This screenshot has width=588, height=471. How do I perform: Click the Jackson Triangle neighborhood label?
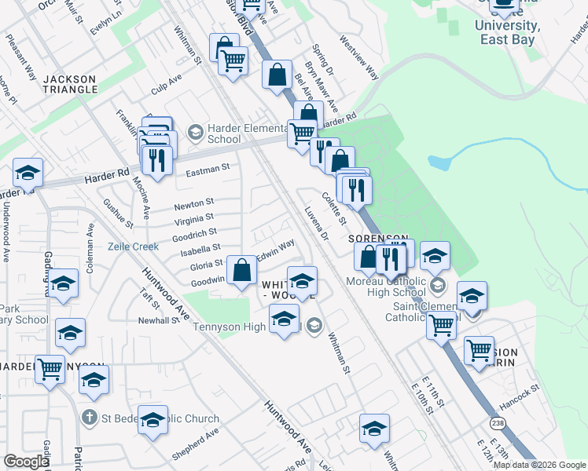coord(70,84)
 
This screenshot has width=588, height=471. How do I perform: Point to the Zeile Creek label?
coord(133,246)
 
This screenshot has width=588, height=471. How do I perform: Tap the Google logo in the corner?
coord(26,462)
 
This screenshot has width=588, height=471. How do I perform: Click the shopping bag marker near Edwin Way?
coord(244,272)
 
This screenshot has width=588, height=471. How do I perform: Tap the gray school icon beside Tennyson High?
coord(314,325)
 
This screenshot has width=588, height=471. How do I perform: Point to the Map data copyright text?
coord(538,464)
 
